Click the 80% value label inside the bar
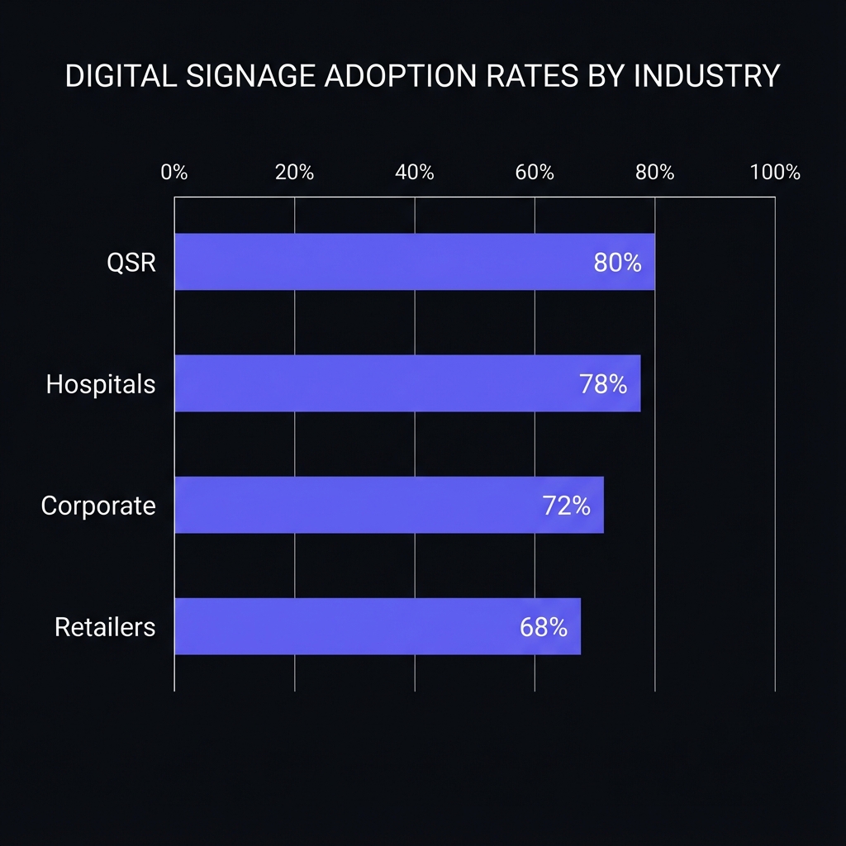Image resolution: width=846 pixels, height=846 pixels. (617, 263)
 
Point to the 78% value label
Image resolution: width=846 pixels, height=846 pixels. (603, 384)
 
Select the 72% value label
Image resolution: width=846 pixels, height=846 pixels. (567, 506)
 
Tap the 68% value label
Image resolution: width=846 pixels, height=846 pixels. (544, 627)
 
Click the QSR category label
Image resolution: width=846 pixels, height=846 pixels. (131, 263)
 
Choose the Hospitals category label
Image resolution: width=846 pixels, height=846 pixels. (101, 384)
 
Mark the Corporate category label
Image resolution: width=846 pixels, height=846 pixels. (98, 506)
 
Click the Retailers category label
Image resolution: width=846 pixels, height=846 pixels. (105, 627)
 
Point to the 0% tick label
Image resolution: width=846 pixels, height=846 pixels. (174, 173)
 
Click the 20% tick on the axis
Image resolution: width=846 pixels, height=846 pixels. (294, 173)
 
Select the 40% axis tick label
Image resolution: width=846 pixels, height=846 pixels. (415, 173)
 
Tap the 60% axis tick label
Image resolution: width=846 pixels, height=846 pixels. (535, 173)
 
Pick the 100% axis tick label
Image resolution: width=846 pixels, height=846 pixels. (775, 173)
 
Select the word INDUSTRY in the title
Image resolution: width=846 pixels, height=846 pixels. (706, 76)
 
